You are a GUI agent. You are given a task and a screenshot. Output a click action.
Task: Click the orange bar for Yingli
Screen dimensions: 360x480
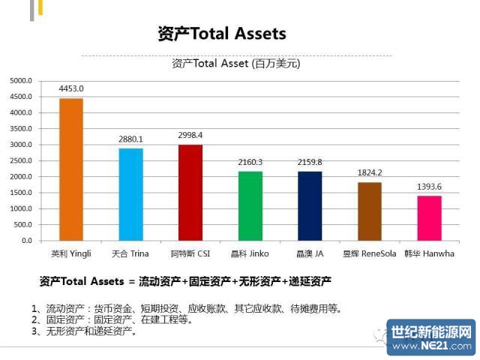click(x=71, y=169)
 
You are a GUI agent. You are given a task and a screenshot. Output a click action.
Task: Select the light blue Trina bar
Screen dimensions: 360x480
click(x=130, y=194)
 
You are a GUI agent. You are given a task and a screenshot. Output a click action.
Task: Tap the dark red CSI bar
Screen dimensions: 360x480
click(x=190, y=193)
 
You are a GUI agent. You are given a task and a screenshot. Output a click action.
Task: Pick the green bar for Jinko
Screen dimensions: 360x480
click(x=250, y=206)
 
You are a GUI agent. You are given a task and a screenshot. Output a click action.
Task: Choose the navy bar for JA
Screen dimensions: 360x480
click(x=310, y=206)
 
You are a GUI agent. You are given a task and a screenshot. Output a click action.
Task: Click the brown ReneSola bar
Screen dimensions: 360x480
click(x=369, y=211)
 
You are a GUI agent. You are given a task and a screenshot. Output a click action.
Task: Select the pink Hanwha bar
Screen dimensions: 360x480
click(x=429, y=218)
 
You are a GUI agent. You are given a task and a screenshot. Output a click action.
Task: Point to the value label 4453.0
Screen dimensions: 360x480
click(x=71, y=88)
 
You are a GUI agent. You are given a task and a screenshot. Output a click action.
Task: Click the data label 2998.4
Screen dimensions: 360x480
click(x=190, y=135)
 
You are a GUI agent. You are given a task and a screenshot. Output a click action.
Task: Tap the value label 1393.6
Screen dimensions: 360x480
click(x=429, y=186)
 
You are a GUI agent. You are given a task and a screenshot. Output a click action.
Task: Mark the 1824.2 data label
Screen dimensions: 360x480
click(x=369, y=172)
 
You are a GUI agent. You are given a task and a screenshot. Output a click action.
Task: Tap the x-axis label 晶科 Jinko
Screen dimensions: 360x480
click(x=250, y=253)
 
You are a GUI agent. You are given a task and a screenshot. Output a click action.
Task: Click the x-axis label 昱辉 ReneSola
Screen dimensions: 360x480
click(x=369, y=253)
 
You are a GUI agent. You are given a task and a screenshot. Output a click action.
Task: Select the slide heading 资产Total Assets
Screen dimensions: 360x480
click(x=221, y=34)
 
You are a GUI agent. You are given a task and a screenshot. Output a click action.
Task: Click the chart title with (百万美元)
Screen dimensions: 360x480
click(x=235, y=64)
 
